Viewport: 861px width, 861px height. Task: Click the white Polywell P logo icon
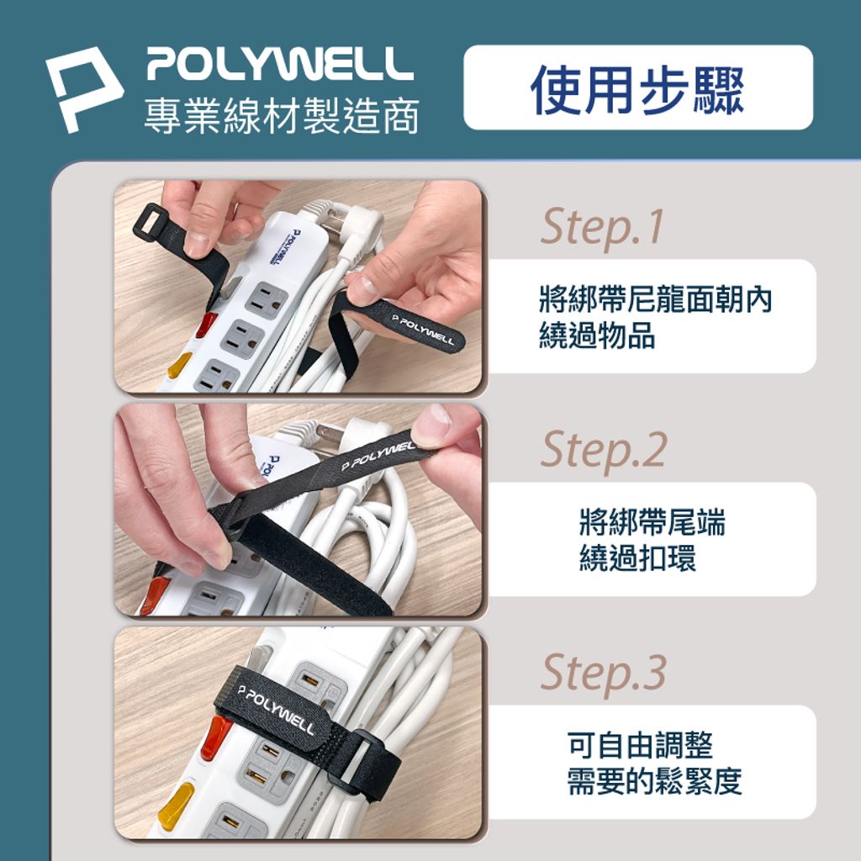point(82,87)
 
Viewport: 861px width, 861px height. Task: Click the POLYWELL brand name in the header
point(280,64)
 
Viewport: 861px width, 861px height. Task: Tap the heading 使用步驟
point(637,89)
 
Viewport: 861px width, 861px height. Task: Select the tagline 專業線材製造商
point(282,116)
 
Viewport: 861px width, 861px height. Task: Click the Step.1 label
point(602,227)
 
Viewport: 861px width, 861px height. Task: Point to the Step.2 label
point(604,450)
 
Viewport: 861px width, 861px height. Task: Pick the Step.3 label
point(604,673)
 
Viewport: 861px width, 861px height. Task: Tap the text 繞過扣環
point(637,558)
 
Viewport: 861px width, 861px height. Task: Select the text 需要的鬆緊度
point(654,781)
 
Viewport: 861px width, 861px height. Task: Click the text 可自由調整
point(640,745)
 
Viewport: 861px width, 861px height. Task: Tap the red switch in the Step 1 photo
point(206,325)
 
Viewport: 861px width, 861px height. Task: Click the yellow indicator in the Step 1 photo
point(180,366)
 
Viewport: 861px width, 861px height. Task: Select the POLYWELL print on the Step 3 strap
point(276,710)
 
